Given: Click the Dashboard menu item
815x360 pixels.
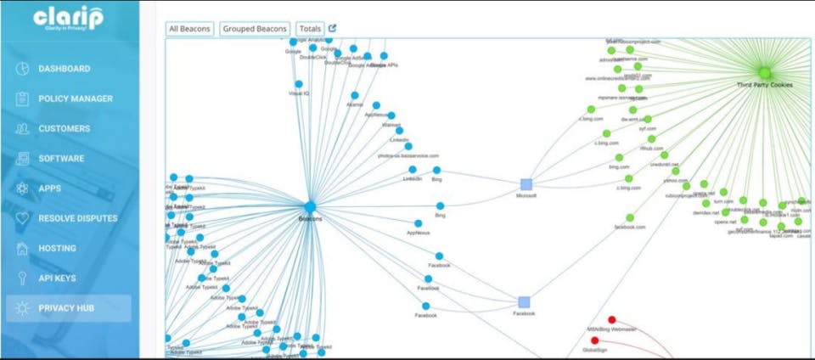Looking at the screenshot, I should click(x=64, y=69).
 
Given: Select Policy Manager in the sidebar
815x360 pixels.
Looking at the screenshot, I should click(x=75, y=98).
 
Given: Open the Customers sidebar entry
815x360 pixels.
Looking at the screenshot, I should click(x=64, y=129).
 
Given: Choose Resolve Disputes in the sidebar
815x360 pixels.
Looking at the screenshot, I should click(x=77, y=218).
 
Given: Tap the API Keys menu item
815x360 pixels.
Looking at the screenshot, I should click(x=57, y=278).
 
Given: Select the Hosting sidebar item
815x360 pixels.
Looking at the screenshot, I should click(x=57, y=248).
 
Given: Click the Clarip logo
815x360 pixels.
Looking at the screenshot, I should click(x=68, y=19).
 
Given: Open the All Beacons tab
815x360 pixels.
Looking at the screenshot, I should click(x=190, y=29).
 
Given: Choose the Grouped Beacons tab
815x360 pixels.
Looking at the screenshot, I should click(x=255, y=29).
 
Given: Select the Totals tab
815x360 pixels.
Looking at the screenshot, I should click(x=310, y=29).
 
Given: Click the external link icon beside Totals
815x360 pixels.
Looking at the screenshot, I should click(x=333, y=28).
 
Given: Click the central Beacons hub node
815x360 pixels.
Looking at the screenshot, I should click(x=310, y=207).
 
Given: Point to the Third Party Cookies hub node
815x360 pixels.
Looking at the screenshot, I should click(x=765, y=73).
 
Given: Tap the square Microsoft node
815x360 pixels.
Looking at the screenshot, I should click(x=526, y=183).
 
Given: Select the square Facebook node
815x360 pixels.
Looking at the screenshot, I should click(x=524, y=301).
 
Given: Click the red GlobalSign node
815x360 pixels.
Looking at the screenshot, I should click(x=594, y=340).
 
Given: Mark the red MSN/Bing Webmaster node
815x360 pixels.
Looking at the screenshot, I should click(x=611, y=320).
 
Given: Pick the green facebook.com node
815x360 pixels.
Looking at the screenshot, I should click(x=630, y=217).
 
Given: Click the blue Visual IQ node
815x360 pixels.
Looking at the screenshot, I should click(x=299, y=84).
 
